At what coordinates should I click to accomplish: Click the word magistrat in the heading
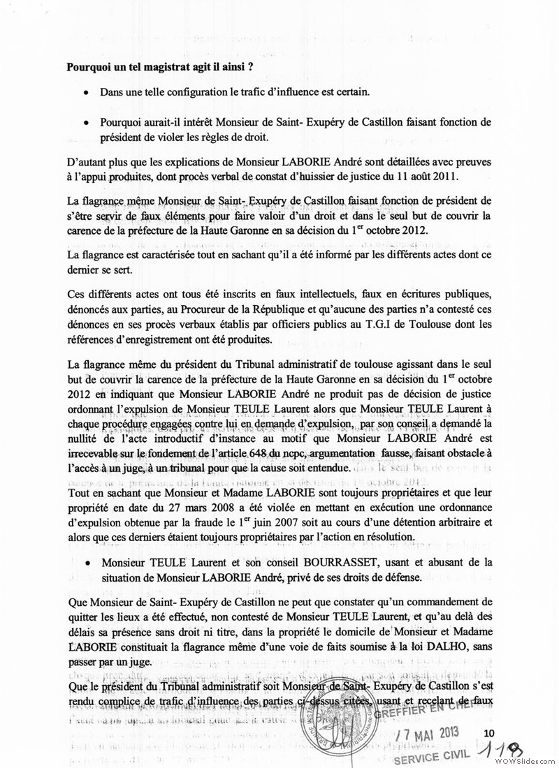click(155, 67)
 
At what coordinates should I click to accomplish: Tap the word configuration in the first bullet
click(191, 92)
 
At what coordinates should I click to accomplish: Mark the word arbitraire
click(458, 522)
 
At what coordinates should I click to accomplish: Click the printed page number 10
click(488, 732)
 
